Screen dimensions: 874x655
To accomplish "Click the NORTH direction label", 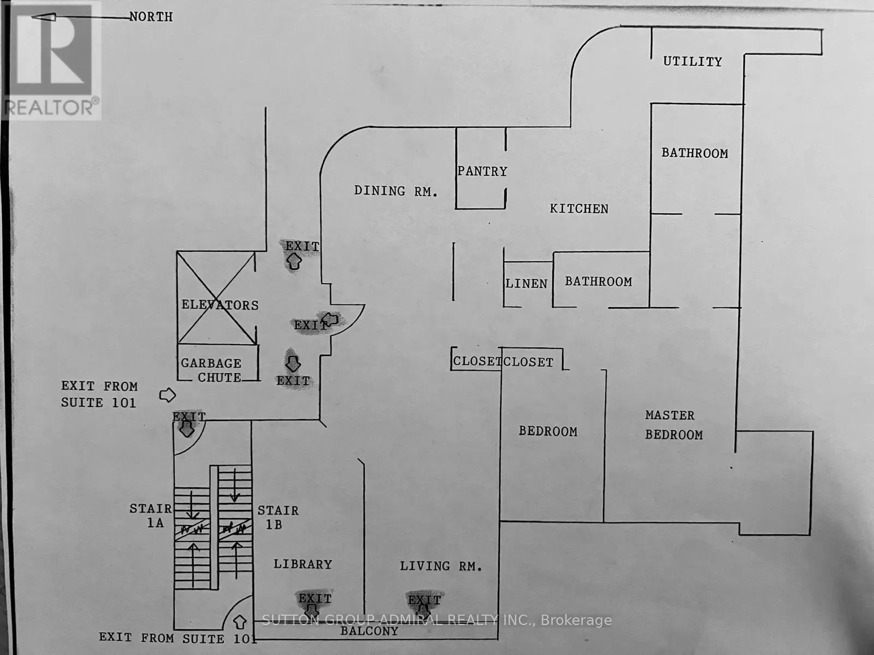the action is [x=151, y=17].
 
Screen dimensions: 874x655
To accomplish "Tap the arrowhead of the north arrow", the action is [x=43, y=17].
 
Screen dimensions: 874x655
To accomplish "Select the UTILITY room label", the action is [x=693, y=61].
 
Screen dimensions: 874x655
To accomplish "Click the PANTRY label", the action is [x=482, y=171].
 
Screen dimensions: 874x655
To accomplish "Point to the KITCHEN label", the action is [x=579, y=209].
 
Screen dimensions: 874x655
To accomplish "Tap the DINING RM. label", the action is [x=396, y=191].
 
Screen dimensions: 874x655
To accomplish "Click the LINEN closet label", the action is [x=527, y=284].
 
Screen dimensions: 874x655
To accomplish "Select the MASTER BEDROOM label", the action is [x=674, y=425].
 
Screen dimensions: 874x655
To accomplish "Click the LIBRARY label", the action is [x=303, y=564].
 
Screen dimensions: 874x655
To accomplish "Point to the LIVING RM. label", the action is [x=441, y=566].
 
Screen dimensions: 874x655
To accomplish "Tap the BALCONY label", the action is [x=369, y=631].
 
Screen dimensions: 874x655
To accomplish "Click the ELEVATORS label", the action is [x=220, y=305].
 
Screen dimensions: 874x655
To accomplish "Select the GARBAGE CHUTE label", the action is [x=211, y=370].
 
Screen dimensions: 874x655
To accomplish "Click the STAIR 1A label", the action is [x=151, y=516].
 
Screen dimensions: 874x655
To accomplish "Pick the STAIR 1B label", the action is [x=278, y=517].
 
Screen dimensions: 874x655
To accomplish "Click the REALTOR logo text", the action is [x=51, y=108].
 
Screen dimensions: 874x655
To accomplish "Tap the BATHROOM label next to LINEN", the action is [x=599, y=281].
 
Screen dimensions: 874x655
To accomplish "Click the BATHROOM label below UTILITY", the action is [x=695, y=154].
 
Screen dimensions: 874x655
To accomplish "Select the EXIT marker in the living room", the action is [x=424, y=604].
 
